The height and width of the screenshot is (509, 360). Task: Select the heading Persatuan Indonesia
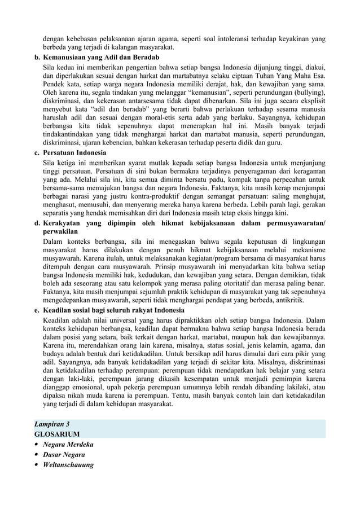click(75, 153)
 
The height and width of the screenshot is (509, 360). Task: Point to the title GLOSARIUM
click(57, 433)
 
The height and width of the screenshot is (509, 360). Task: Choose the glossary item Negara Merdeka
click(71, 444)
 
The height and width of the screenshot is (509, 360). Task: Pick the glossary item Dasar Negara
click(64, 454)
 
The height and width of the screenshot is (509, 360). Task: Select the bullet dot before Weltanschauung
click(37, 466)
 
